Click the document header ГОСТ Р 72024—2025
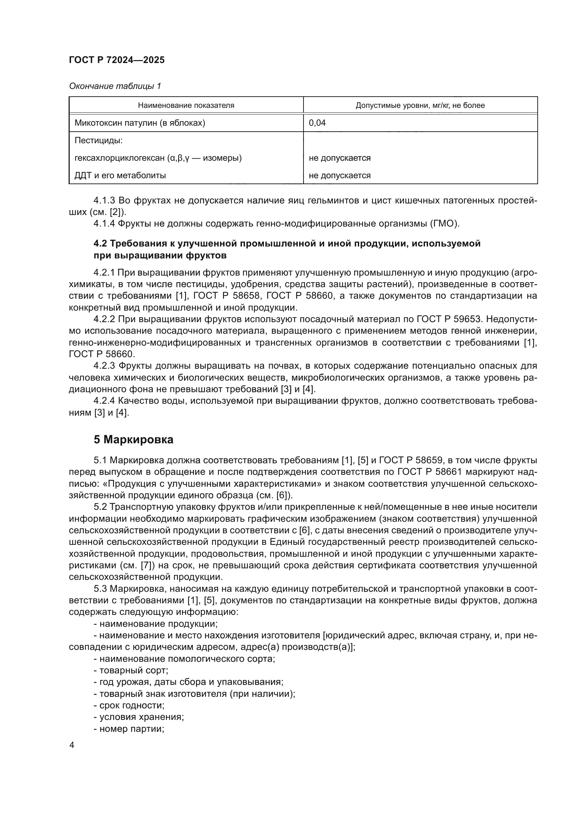point(117,60)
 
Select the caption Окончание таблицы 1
point(115,86)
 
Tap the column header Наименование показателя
point(186,105)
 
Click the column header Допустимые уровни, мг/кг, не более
point(420,105)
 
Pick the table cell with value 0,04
point(317,123)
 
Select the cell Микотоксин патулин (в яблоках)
point(140,123)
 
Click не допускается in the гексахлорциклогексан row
point(340,158)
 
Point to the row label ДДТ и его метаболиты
point(120,175)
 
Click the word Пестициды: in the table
point(98,140)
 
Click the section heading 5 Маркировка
point(133,439)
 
